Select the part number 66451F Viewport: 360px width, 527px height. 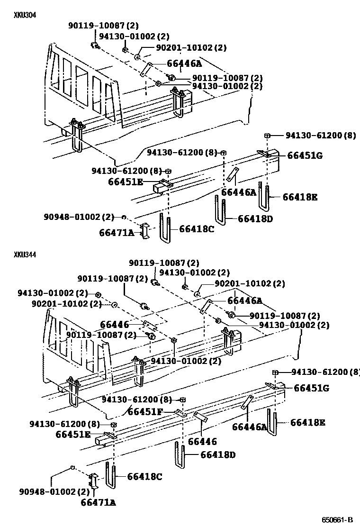pyautogui.click(x=145, y=411)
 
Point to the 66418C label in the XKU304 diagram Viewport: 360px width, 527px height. pyautogui.click(x=197, y=229)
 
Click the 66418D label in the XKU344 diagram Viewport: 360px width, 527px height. pyautogui.click(x=218, y=454)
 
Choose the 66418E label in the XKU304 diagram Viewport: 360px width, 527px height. pyautogui.click(x=300, y=197)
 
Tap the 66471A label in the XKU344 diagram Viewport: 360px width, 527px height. pyautogui.click(x=98, y=502)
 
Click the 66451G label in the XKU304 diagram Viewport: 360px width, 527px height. pyautogui.click(x=304, y=155)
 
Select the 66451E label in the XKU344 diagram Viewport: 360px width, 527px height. pyautogui.click(x=73, y=434)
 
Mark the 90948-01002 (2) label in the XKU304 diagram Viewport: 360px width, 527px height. pyautogui.click(x=80, y=217)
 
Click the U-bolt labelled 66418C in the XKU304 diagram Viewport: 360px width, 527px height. pyautogui.click(x=164, y=227)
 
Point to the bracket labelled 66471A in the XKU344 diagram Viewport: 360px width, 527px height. pyautogui.click(x=93, y=482)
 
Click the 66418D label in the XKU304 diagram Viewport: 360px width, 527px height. pyautogui.click(x=255, y=218)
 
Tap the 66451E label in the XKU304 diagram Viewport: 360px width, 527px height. pyautogui.click(x=126, y=182)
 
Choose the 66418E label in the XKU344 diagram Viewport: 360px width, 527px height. pyautogui.click(x=308, y=422)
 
